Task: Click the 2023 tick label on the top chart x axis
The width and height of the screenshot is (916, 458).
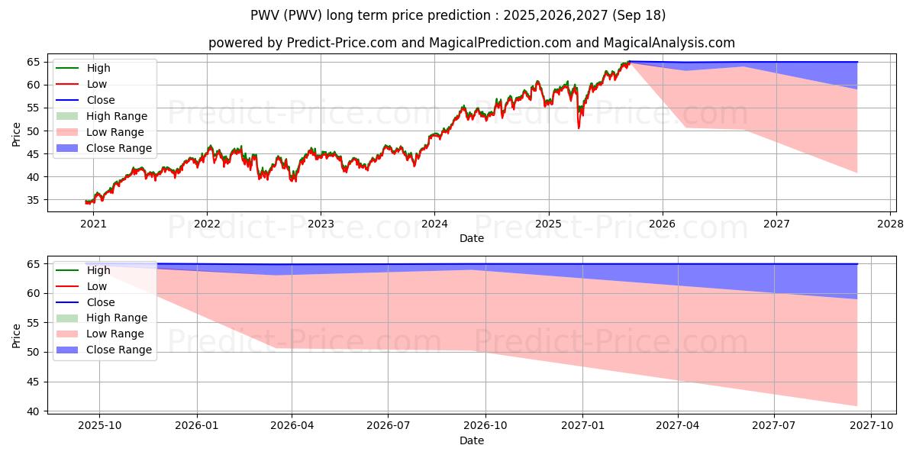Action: [x=321, y=224]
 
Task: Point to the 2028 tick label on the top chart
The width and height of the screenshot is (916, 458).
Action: [x=891, y=224]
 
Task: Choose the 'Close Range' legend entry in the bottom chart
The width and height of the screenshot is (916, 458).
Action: [x=118, y=350]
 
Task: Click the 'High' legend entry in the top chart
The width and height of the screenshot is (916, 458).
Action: [x=98, y=68]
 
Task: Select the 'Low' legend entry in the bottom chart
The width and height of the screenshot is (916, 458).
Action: [x=97, y=286]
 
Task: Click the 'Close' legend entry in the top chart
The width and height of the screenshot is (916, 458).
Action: [x=101, y=100]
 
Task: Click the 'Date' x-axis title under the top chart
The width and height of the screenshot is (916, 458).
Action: [x=472, y=238]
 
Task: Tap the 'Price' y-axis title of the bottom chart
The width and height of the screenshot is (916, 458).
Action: [x=17, y=335]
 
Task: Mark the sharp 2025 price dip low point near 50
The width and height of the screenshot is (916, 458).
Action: [x=579, y=127]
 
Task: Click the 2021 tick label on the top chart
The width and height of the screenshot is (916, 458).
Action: [x=93, y=224]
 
